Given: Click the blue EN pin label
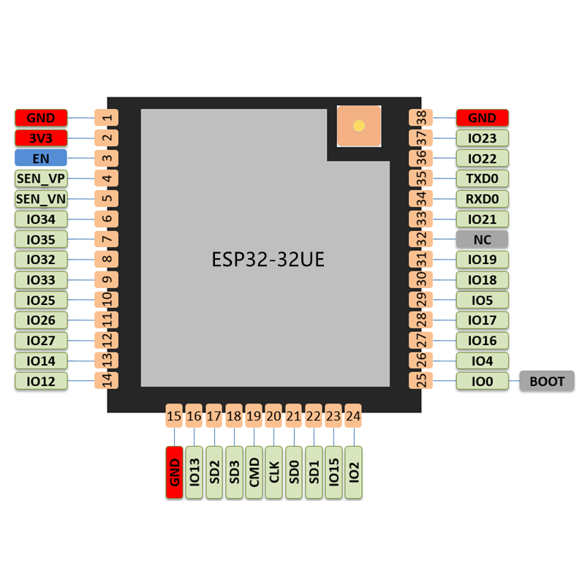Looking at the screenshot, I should [41, 158].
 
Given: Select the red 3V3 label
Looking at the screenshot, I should [41, 137].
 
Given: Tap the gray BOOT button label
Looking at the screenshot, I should [547, 381].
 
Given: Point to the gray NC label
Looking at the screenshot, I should [482, 239].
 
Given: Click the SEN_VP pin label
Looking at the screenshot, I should [41, 178].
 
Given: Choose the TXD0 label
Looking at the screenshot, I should [482, 178].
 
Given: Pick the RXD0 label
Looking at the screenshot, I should [482, 199].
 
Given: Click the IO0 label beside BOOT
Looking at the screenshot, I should [482, 381].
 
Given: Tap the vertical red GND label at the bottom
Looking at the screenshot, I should [174, 472].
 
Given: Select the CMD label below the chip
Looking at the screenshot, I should [254, 472].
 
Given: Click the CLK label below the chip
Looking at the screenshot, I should [273, 472].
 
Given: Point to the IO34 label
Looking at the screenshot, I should [41, 219].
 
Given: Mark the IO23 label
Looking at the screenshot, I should [482, 137].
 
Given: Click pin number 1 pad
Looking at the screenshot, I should [107, 117].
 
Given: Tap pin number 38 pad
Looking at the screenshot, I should [421, 117].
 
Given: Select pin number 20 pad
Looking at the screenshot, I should [273, 416].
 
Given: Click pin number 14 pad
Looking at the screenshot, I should [107, 381].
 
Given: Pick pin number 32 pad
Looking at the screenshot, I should [421, 239].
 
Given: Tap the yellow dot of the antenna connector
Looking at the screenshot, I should [358, 126].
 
